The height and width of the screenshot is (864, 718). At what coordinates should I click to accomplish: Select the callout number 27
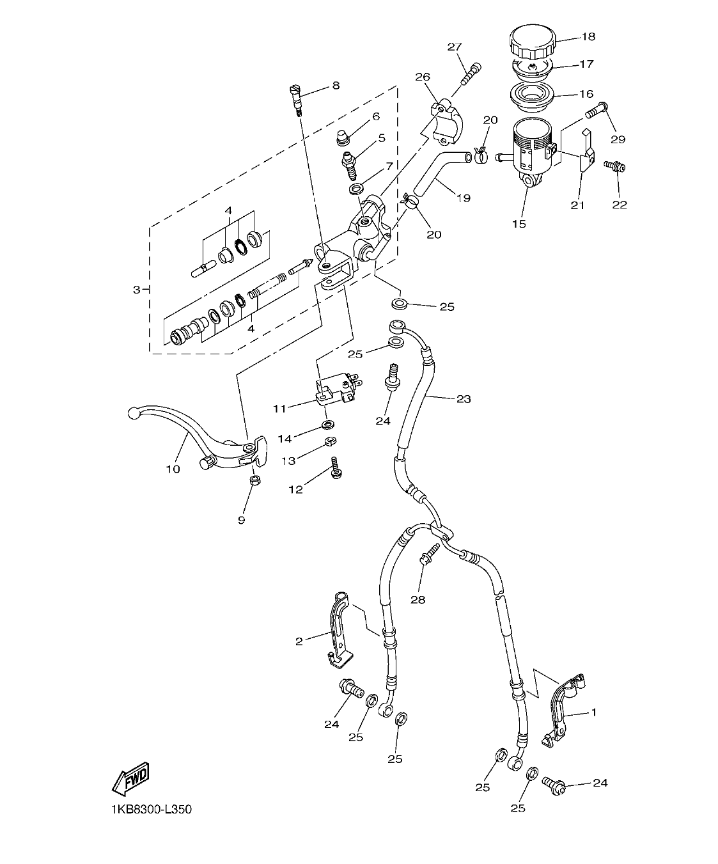[454, 47]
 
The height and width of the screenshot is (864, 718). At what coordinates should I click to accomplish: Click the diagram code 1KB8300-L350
[151, 810]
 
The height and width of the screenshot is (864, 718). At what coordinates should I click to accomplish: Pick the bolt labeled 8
[297, 98]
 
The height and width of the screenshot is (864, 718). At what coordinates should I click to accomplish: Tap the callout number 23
[464, 399]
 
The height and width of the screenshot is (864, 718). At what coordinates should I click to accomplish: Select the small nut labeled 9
[254, 480]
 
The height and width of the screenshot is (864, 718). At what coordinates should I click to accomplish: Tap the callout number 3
[136, 290]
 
